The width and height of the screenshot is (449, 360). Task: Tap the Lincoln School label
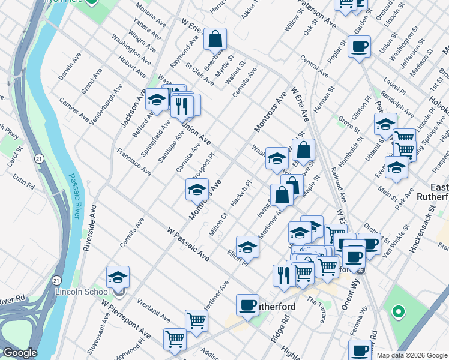point(81,292)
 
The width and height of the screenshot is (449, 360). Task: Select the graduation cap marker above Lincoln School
point(118,277)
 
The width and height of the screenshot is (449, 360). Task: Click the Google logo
point(20,353)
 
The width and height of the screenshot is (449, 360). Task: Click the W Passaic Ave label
point(188,243)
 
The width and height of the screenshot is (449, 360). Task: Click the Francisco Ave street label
point(133,161)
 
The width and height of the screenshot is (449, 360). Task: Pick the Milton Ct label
point(221,223)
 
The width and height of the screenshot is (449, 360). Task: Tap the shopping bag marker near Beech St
point(215,40)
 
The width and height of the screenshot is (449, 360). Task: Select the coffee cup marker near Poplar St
point(359,47)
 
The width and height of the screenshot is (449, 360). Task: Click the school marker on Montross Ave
point(197,190)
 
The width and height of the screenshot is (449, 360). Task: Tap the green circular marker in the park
point(397,311)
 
